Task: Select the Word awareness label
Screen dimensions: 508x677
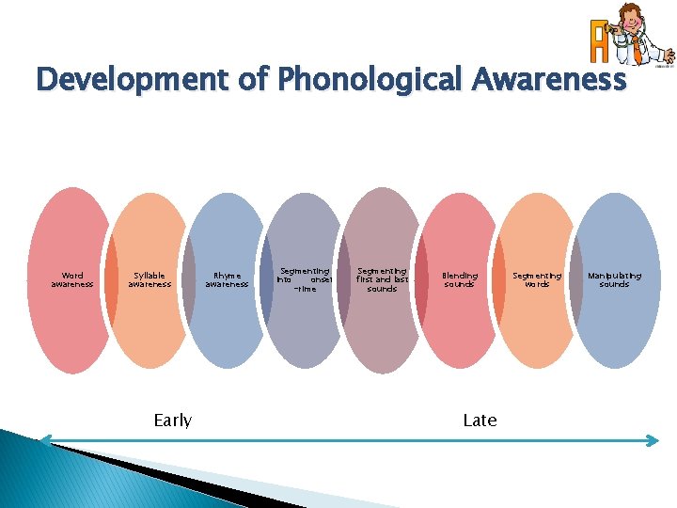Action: coord(72,279)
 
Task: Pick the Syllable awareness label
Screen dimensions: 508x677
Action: coord(150,279)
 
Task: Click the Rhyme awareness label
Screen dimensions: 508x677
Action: coord(227,279)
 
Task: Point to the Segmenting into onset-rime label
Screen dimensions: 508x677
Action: coord(304,279)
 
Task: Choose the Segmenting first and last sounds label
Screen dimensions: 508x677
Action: coord(382,279)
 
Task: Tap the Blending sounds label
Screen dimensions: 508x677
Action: coord(460,279)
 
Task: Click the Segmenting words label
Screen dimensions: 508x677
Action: coord(536,279)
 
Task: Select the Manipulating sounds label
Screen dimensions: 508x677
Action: coord(614,279)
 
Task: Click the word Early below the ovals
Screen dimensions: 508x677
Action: coord(172,421)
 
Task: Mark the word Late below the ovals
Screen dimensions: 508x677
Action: coord(480,421)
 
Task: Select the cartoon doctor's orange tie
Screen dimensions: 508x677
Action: coord(637,47)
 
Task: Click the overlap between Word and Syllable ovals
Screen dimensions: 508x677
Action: coord(111,279)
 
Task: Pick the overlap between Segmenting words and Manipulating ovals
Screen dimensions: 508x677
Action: coord(575,279)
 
